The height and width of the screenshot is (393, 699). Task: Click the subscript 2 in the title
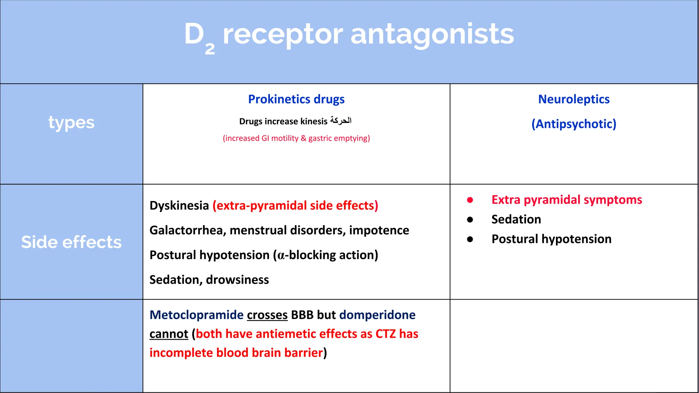coord(210,49)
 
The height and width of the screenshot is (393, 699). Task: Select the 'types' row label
coord(71,123)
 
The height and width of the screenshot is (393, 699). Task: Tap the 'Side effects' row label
coord(71,242)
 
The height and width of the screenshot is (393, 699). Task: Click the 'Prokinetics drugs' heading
coord(296,99)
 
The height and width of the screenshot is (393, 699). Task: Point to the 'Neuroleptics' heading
coord(574,99)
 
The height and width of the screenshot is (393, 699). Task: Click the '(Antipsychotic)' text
coord(574,124)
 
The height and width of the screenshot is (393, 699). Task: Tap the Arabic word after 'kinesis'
coord(341,121)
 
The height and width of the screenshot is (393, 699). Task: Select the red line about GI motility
coord(296,138)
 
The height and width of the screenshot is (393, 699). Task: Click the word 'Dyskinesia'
coord(179,206)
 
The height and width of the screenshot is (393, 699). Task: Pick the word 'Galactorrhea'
coord(188,231)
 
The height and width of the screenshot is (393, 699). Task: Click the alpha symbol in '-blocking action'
coord(281,256)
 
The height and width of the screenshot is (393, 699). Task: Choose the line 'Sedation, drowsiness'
coord(209,280)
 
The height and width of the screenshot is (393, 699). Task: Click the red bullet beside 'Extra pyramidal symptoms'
coord(470,200)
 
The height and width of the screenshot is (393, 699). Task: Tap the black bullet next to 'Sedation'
coord(470,220)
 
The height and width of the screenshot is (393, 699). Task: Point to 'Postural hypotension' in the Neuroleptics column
coord(551,239)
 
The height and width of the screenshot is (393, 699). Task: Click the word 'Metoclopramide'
coord(197,315)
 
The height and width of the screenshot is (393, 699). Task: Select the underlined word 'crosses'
coord(267,315)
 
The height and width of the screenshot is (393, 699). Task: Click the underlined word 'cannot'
coord(169,334)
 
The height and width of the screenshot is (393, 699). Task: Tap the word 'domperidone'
coord(377,315)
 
